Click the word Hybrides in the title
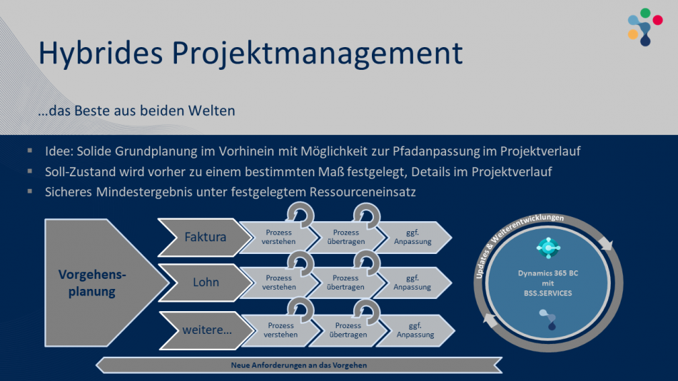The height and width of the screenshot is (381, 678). pyautogui.click(x=96, y=53)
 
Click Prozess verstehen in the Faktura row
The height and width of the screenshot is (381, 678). pyautogui.click(x=279, y=237)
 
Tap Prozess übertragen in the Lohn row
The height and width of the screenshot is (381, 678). pyautogui.click(x=345, y=283)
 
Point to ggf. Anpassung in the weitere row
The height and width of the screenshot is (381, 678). pyautogui.click(x=415, y=330)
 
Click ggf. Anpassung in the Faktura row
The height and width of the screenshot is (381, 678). pyautogui.click(x=413, y=237)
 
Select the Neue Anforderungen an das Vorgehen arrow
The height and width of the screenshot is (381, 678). pyautogui.click(x=299, y=365)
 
